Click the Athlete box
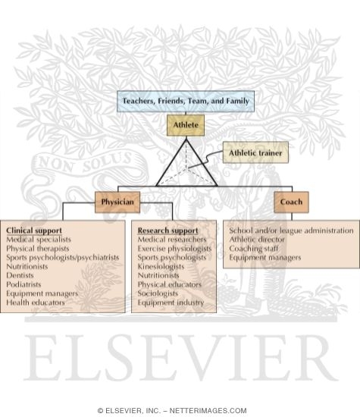tap(186, 125)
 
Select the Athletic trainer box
tap(255, 152)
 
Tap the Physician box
tap(117, 202)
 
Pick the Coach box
tap(291, 202)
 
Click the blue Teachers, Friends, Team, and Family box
tap(186, 101)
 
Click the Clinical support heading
tap(34, 230)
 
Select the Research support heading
tap(167, 230)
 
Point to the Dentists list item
tap(20, 275)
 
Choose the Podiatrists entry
tap(23, 284)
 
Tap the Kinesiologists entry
tap(161, 266)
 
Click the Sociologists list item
tap(158, 293)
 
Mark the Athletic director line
tap(257, 240)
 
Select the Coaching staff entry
tap(254, 249)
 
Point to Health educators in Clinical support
tap(36, 303)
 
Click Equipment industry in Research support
tap(171, 303)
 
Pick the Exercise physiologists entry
tap(174, 249)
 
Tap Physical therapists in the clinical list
tap(37, 249)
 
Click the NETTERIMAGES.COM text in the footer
tap(208, 411)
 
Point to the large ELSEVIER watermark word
tap(181, 358)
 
